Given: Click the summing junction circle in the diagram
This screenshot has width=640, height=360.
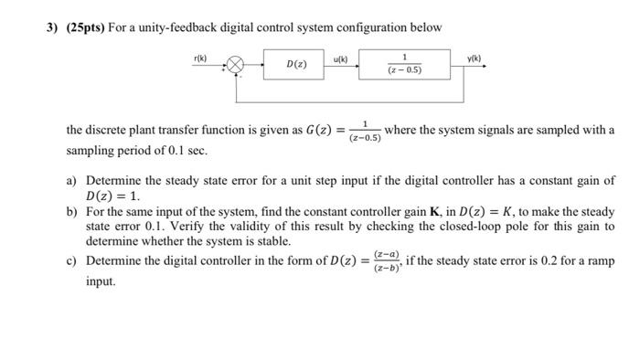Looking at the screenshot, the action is click(x=236, y=66).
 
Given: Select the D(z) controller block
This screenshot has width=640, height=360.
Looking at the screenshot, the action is click(x=296, y=65).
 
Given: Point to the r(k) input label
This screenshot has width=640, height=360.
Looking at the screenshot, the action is click(x=201, y=58).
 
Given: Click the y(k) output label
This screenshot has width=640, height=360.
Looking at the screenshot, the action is click(x=472, y=57).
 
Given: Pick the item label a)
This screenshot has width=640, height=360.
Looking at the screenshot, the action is click(x=71, y=181).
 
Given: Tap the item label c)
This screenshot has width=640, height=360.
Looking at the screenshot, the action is click(x=71, y=261).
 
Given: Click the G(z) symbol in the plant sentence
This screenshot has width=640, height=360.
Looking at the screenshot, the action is click(x=323, y=131).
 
